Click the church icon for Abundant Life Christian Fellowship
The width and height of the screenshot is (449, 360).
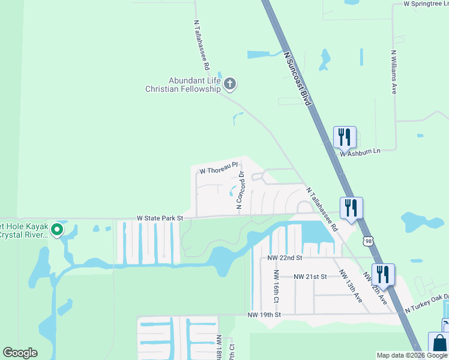230,85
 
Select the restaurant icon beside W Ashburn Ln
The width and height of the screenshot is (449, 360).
345,137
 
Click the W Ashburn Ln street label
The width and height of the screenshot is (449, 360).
361,153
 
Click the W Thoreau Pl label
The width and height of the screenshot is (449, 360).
219,169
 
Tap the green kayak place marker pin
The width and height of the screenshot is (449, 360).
56,229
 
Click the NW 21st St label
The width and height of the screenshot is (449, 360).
310,277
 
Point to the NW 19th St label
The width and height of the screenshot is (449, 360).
265,314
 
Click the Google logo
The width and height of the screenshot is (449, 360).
20,353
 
